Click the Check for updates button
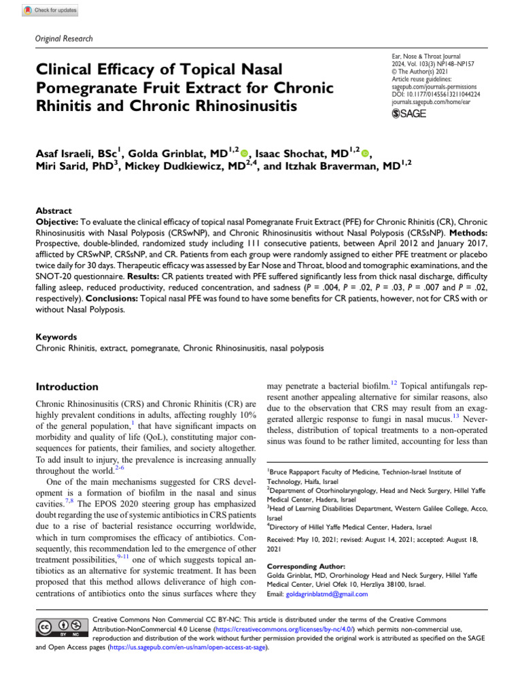click(51, 11)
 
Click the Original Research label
click(63, 39)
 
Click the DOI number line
click(437, 95)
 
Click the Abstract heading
click(52, 211)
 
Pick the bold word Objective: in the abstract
click(57, 222)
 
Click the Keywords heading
click(56, 336)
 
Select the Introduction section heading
click(67, 386)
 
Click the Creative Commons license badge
click(60, 626)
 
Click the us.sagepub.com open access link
click(188, 647)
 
